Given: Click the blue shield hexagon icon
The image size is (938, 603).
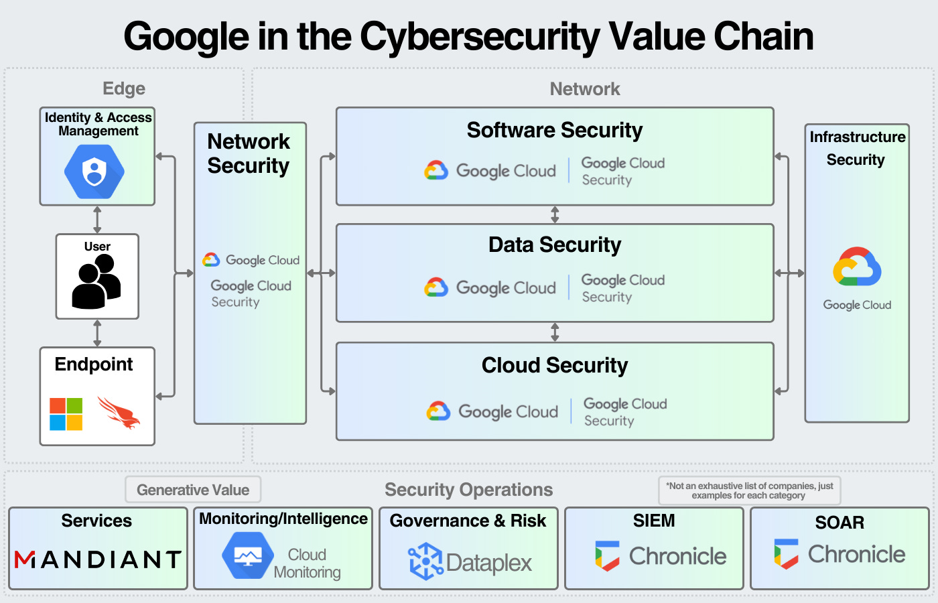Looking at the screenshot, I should click(94, 172).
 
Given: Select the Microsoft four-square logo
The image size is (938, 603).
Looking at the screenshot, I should click(66, 414).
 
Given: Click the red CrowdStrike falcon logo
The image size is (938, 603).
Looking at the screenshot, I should click(119, 412).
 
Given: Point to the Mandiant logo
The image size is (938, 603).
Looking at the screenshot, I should click(98, 559).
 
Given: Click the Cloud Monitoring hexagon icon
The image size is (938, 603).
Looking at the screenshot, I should click(248, 555).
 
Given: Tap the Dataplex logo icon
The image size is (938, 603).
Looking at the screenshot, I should click(425, 561).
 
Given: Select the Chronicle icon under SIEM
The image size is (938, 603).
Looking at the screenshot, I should click(607, 556).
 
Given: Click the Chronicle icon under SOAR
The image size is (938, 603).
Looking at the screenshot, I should click(786, 554).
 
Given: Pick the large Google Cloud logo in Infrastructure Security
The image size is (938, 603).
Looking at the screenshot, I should click(857, 267).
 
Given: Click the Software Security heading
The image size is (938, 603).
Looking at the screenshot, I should click(554, 130).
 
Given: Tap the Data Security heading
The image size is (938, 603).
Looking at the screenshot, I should click(554, 245).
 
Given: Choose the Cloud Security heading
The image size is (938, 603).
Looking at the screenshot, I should click(554, 365).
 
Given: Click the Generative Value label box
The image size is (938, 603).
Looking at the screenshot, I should click(193, 490).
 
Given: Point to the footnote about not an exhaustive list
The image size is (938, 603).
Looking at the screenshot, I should click(749, 490).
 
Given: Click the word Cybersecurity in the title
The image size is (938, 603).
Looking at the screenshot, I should click(480, 36).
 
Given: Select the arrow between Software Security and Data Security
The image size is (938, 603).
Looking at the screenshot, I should click(555, 215).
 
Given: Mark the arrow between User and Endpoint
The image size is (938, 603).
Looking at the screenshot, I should click(97, 333).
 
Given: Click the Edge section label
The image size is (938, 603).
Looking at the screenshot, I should click(124, 88).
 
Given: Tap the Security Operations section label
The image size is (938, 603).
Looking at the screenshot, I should click(468, 490).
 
